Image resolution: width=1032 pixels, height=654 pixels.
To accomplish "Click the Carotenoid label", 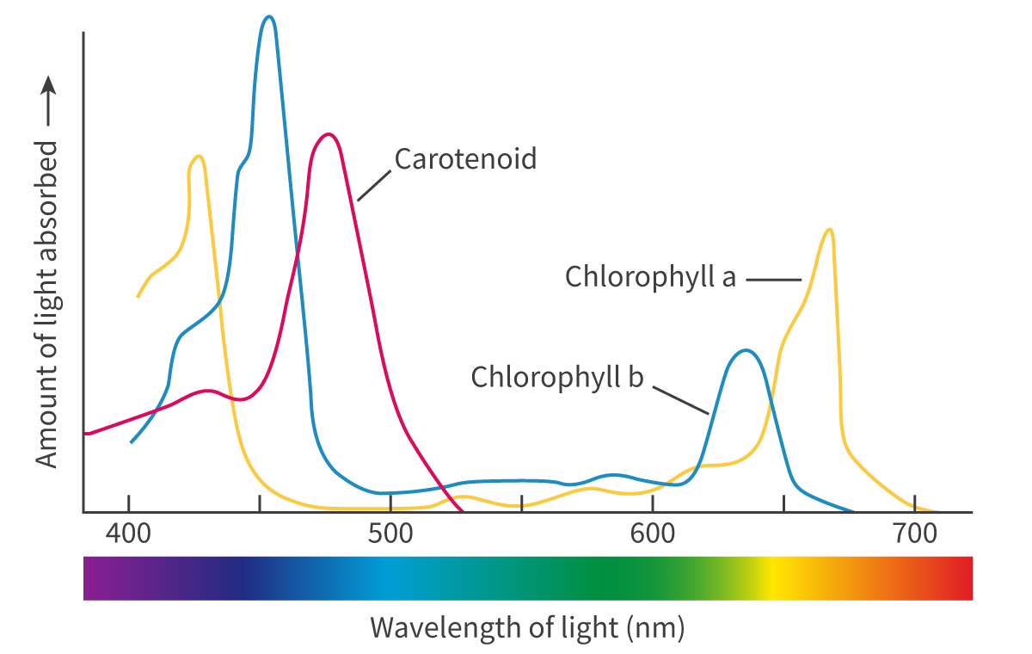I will click(465, 159).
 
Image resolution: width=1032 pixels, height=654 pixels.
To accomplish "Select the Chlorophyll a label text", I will click(650, 277).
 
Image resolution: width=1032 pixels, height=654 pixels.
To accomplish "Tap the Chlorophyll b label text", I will click(556, 377).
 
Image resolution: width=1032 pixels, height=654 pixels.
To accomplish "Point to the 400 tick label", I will click(128, 533).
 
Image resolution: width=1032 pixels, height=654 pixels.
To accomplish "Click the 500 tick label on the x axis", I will click(390, 533).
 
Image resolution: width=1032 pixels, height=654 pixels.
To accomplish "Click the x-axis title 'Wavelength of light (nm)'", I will click(527, 627).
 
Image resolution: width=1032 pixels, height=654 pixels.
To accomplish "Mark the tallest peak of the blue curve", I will click(269, 16).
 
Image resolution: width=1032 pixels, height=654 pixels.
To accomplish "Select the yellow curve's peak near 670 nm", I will click(828, 229).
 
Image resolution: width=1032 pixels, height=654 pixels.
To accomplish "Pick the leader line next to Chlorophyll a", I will click(773, 279).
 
